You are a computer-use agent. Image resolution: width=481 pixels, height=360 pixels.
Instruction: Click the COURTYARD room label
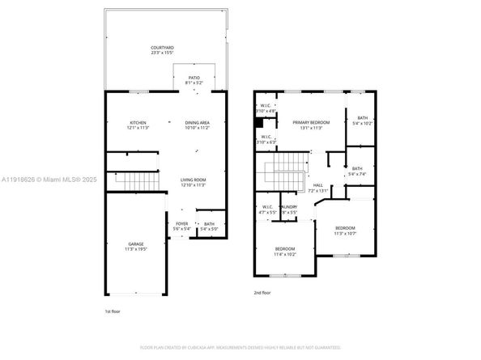162,49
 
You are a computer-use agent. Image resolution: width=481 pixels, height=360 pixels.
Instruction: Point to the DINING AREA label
197,122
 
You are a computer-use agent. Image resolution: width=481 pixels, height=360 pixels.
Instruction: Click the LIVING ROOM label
193,180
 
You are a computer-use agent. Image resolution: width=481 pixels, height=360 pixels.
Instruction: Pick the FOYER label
181,223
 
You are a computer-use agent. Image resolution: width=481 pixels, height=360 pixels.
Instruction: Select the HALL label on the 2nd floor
318,185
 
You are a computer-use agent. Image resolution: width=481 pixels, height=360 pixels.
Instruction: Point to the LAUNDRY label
289,207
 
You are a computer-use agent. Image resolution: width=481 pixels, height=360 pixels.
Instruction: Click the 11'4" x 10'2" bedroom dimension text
284,253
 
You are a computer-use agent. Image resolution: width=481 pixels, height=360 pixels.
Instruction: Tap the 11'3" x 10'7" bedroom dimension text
346,234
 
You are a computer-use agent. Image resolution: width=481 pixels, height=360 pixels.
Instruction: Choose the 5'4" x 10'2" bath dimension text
361,123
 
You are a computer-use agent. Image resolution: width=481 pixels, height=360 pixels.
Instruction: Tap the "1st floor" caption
113,311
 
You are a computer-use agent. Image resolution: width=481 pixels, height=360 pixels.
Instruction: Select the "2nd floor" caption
262,292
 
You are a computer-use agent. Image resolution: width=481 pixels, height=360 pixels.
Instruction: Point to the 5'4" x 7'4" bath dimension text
357,173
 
